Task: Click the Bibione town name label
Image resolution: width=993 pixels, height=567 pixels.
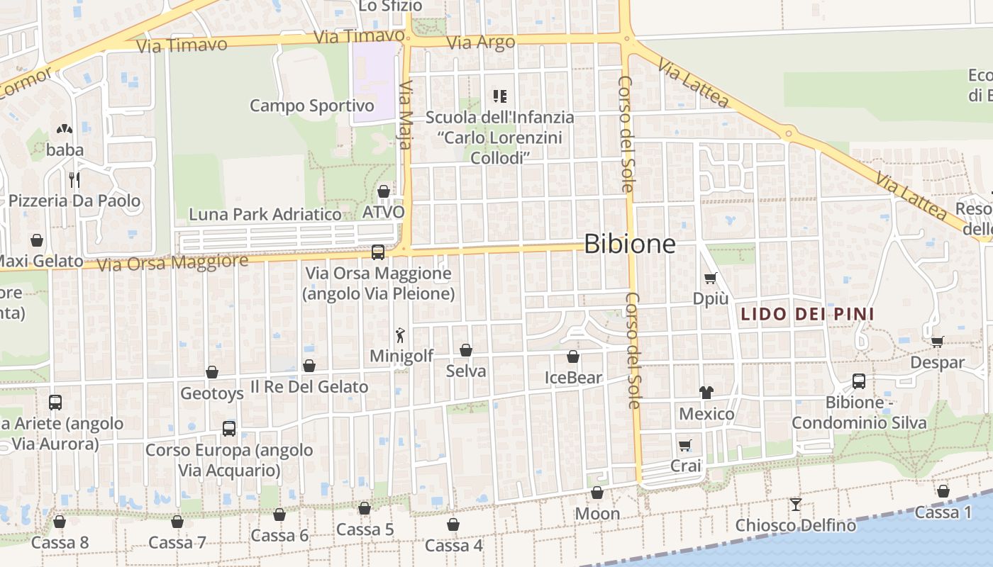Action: [x=629, y=245]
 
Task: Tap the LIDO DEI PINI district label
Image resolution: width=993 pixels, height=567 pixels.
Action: [x=807, y=314]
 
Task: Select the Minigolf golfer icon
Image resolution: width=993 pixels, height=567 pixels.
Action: [x=401, y=335]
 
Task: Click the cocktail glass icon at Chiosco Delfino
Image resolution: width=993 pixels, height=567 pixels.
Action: [x=796, y=505]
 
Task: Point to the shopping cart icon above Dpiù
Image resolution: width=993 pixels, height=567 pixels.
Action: [x=711, y=279]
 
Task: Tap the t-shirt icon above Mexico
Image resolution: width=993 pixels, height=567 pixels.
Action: [x=706, y=392]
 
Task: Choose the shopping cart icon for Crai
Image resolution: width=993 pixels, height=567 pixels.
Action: [x=684, y=445]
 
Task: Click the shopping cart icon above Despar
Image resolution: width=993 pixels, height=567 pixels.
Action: [x=937, y=342]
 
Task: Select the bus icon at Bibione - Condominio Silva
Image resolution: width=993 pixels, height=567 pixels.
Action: [x=858, y=381]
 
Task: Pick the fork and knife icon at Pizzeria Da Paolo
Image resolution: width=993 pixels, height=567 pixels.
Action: [x=74, y=179]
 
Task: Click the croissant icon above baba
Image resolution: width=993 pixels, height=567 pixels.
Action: [x=65, y=129]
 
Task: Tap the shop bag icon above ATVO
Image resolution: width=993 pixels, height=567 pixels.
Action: [x=384, y=191]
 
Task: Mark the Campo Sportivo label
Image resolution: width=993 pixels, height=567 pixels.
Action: [x=311, y=106]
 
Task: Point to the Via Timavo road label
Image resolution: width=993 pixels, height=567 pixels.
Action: [x=182, y=45]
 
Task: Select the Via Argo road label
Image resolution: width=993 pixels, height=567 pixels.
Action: [x=481, y=43]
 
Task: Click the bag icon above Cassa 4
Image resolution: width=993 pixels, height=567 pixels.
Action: [x=453, y=525]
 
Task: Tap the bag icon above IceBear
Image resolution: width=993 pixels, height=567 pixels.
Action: [x=572, y=357]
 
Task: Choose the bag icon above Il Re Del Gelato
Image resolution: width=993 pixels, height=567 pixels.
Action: [x=309, y=366]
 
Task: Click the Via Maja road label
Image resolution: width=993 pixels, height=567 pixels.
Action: [x=405, y=116]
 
